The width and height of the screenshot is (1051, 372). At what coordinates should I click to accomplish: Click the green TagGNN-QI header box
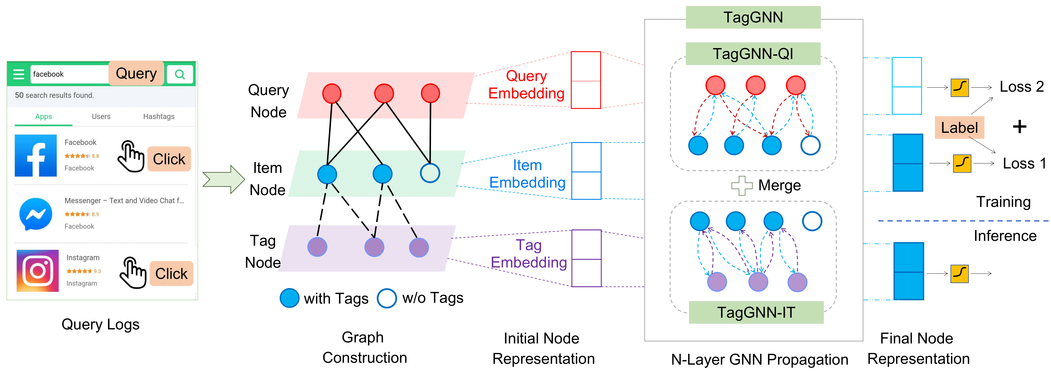[753, 54]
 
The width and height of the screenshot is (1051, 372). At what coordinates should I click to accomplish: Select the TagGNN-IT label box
[756, 312]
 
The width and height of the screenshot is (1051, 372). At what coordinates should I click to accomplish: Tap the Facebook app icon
[36, 156]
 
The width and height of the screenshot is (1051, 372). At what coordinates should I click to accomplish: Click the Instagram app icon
[38, 271]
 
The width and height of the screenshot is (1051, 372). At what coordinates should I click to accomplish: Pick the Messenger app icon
[36, 214]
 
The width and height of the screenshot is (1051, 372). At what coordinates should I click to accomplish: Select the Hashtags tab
[159, 116]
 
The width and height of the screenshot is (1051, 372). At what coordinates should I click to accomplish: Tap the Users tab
[101, 116]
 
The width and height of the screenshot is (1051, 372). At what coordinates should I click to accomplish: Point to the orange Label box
[959, 127]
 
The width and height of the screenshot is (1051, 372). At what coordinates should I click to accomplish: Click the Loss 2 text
[1021, 87]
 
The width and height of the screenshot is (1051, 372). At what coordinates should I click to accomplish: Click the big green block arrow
[224, 179]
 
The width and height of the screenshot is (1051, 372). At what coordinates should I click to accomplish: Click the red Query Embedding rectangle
[586, 80]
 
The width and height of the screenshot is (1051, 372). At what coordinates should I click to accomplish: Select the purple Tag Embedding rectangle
[586, 258]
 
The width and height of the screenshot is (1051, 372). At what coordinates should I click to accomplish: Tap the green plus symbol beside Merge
[742, 185]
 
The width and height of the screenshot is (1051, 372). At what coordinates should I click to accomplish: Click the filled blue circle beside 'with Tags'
[289, 298]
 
